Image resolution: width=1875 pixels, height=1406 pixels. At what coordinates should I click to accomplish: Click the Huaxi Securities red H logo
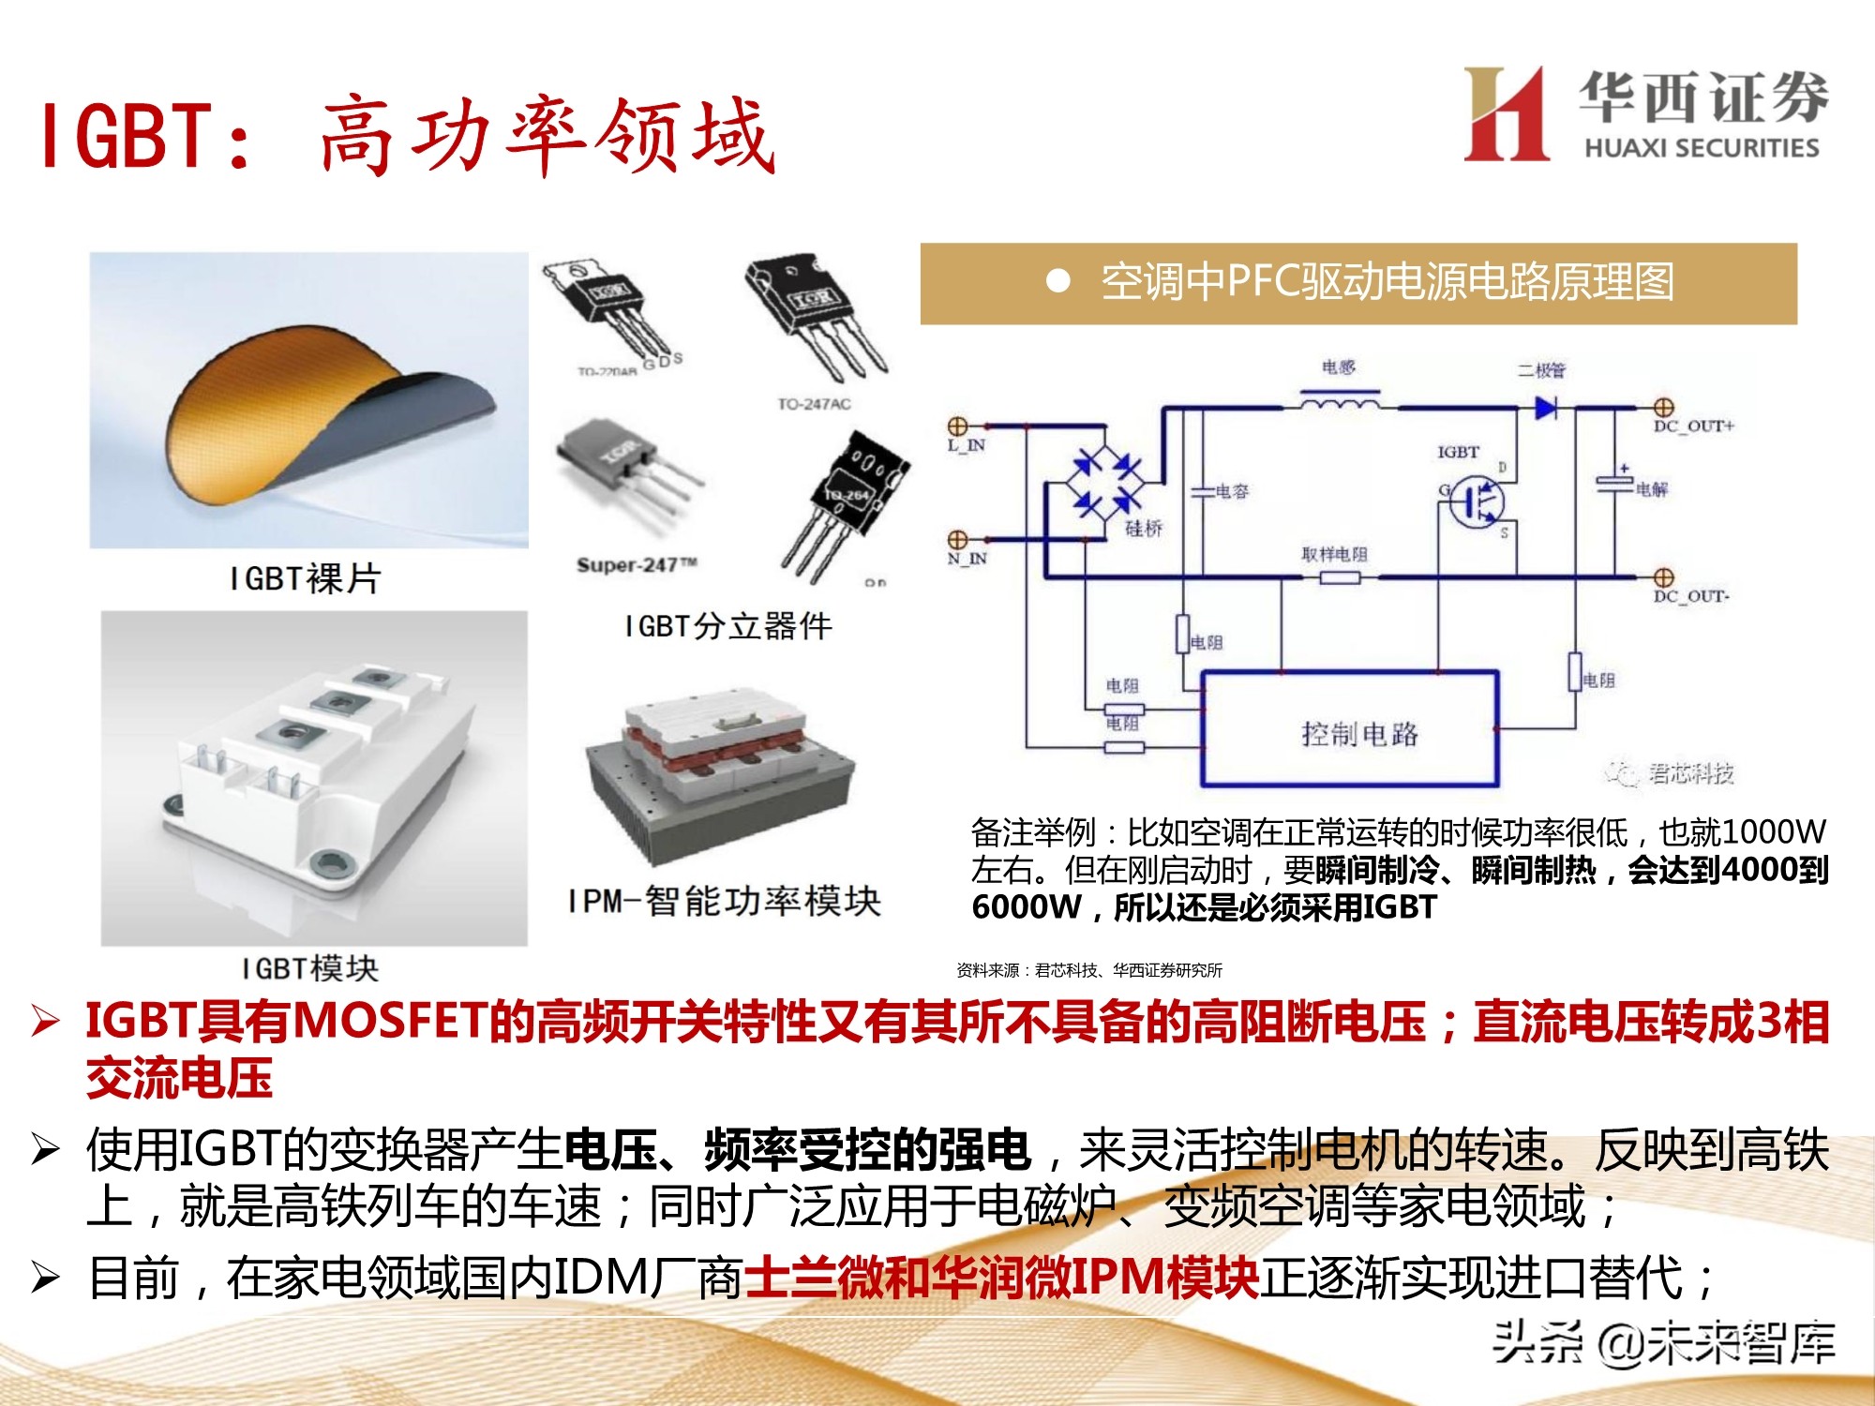(x=1506, y=114)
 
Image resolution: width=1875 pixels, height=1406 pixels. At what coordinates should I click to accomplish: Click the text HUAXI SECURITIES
(x=1702, y=148)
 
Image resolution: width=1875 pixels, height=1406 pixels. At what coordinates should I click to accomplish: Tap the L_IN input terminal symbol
(x=957, y=426)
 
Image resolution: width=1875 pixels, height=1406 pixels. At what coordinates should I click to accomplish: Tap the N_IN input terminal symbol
(x=957, y=540)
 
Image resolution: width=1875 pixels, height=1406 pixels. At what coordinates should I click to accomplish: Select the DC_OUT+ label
(x=1693, y=426)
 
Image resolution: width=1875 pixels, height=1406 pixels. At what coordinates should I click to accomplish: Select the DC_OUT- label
(x=1691, y=596)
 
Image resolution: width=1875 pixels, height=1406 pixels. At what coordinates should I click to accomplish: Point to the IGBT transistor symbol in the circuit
(x=1476, y=501)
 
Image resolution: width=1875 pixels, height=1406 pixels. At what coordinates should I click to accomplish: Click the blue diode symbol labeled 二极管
(x=1545, y=408)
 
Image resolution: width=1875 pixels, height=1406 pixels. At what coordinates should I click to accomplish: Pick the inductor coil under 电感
(x=1339, y=405)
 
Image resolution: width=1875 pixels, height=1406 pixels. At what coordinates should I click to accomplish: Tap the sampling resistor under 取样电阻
(x=1339, y=577)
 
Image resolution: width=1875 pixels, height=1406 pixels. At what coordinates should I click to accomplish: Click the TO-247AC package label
(x=814, y=404)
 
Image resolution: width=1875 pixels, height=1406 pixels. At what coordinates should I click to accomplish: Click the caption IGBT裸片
(x=306, y=578)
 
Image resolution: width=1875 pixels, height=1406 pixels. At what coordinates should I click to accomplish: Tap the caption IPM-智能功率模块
(x=724, y=901)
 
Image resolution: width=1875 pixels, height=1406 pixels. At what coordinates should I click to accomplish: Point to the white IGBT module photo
(x=315, y=778)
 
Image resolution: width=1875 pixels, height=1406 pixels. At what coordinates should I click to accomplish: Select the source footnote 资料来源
(x=1088, y=970)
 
